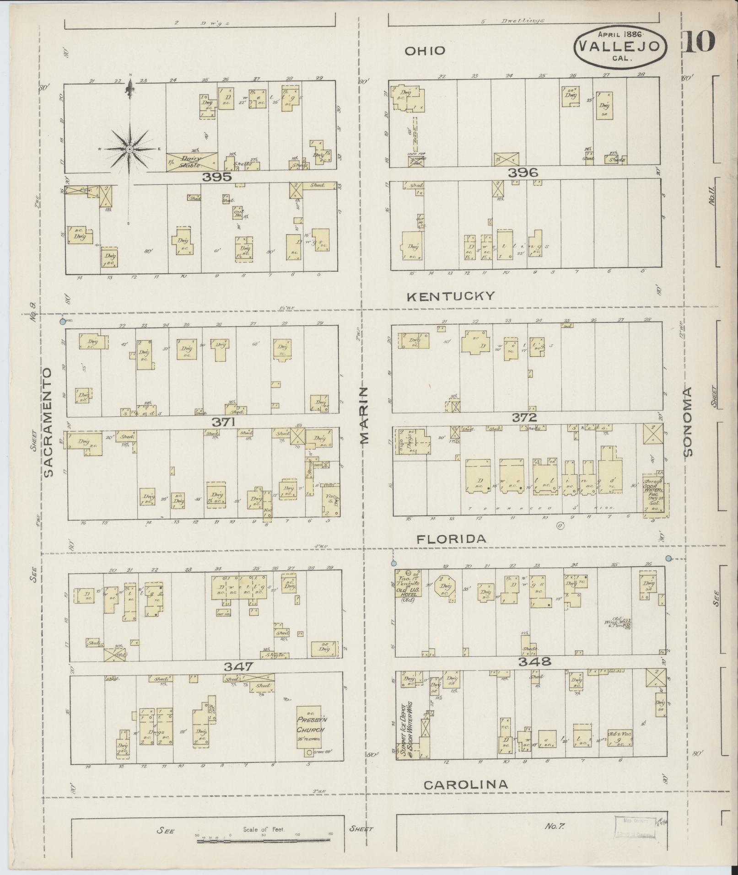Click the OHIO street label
(x=425, y=50)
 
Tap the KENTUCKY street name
(x=451, y=296)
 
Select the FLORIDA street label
(x=451, y=539)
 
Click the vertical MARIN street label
(x=364, y=415)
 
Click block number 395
(x=219, y=177)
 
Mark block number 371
(x=223, y=422)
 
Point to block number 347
(x=238, y=666)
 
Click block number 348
(x=535, y=661)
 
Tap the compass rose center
(x=130, y=149)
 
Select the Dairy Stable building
(x=191, y=162)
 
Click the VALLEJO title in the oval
(x=620, y=46)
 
